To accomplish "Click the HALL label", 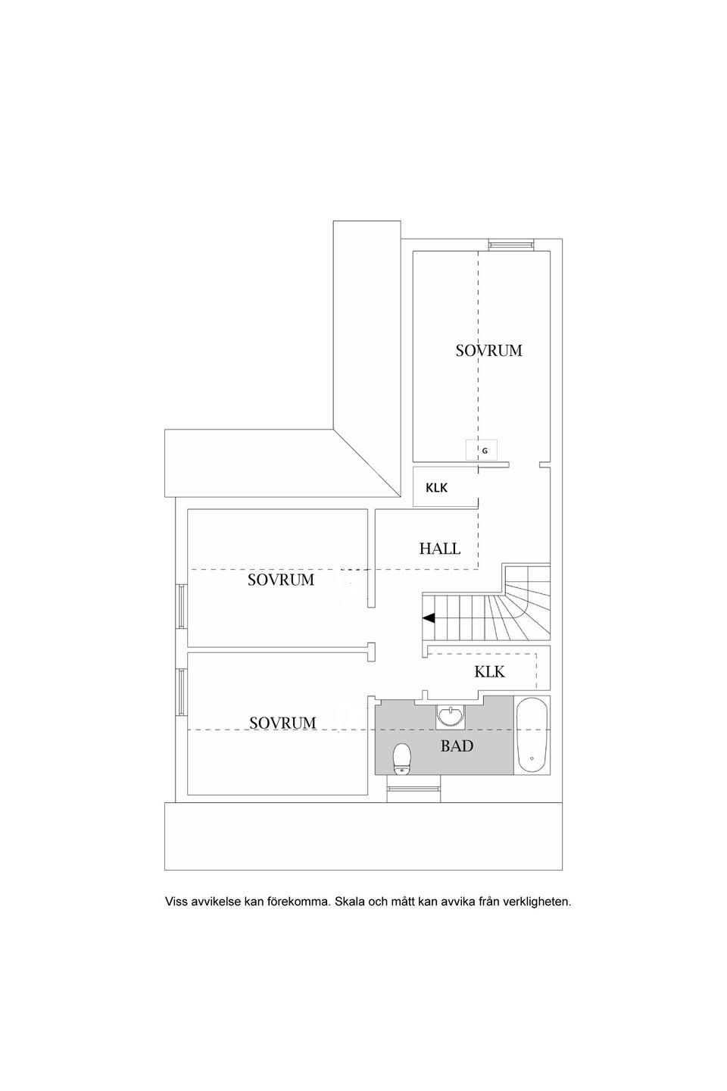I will [439, 548].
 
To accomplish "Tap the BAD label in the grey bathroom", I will [457, 746].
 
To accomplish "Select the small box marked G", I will [482, 450].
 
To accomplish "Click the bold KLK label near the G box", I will [436, 488].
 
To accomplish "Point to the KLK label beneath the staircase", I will [489, 671].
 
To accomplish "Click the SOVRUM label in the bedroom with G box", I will [488, 350].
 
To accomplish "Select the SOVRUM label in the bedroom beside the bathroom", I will [282, 723].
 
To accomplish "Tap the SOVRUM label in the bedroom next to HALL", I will [281, 580].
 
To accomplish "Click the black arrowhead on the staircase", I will [429, 618].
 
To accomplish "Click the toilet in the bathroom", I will [401, 758].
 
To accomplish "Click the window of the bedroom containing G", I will [511, 244].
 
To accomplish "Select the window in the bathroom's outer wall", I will [413, 789].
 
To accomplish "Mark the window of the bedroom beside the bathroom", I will [181, 691].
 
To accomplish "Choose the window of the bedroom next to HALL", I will [181, 606].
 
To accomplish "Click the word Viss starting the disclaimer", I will [176, 902].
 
